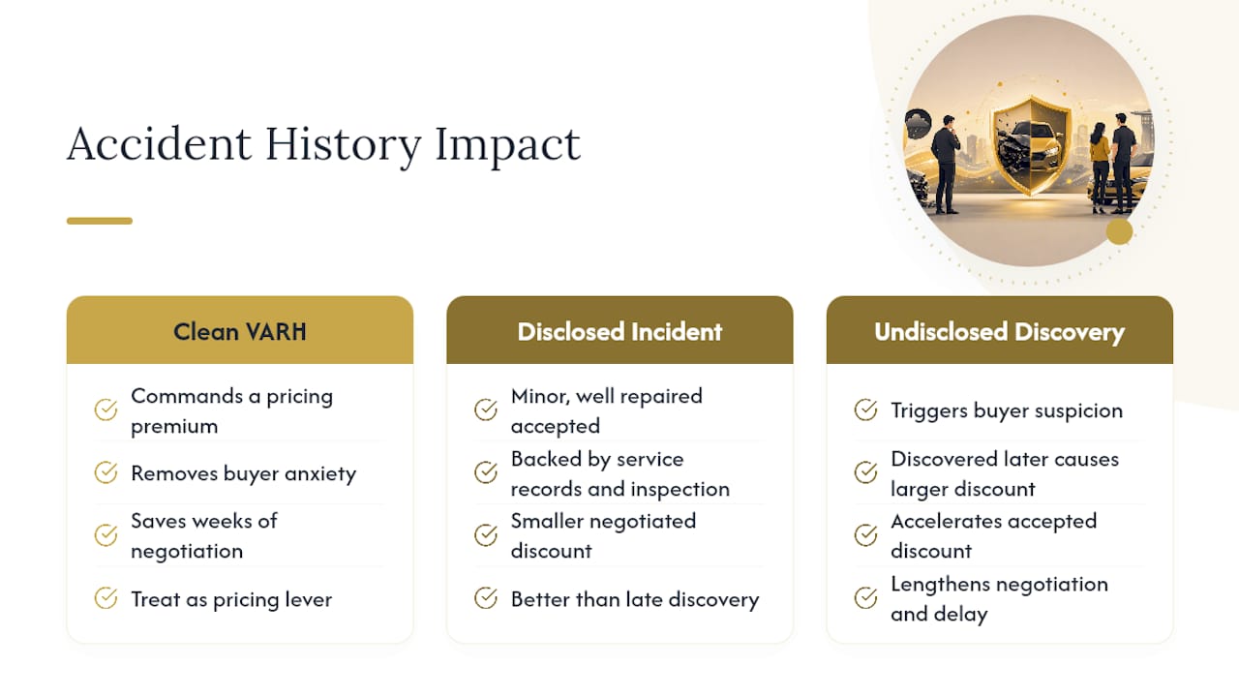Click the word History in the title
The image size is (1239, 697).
pyautogui.click(x=343, y=145)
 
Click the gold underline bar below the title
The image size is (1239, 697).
pyautogui.click(x=100, y=221)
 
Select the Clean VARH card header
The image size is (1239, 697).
pyautogui.click(x=240, y=330)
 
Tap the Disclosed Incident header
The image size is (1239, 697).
pyautogui.click(x=619, y=330)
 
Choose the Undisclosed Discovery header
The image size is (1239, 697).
pyautogui.click(x=1000, y=330)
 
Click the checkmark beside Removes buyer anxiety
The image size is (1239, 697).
pyautogui.click(x=106, y=472)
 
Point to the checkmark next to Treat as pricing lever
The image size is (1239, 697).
pyautogui.click(x=106, y=598)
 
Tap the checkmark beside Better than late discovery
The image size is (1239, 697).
pyautogui.click(x=486, y=598)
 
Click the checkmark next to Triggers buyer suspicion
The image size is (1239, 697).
pyautogui.click(x=865, y=409)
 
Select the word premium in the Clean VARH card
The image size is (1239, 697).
pyautogui.click(x=174, y=427)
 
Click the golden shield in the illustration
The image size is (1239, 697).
pyautogui.click(x=1030, y=145)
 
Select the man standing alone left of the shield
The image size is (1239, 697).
pyautogui.click(x=946, y=165)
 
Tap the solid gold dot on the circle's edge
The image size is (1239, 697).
pyautogui.click(x=1120, y=231)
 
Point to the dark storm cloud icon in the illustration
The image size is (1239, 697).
pyautogui.click(x=918, y=123)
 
